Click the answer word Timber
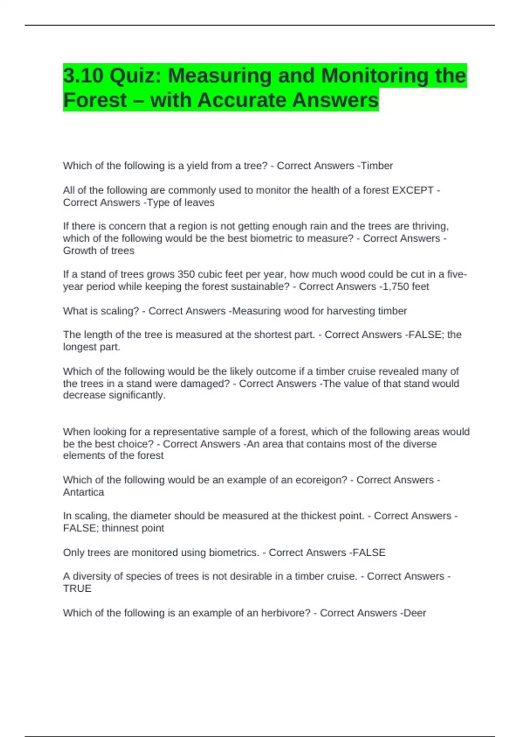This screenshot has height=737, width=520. pyautogui.click(x=377, y=166)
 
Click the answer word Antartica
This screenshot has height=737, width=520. pyautogui.click(x=84, y=492)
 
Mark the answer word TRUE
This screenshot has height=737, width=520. pyautogui.click(x=77, y=588)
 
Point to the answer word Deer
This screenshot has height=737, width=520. pyautogui.click(x=415, y=613)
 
